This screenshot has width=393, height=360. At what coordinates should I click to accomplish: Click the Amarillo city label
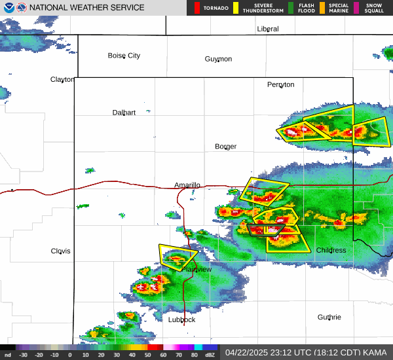187,185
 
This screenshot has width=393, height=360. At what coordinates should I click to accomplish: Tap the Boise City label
124,56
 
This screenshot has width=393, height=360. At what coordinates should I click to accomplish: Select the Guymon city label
218,59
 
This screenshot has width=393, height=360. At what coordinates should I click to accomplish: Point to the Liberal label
268,29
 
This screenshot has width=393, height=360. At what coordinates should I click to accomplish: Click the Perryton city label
280,84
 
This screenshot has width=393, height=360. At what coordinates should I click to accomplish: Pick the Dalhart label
124,113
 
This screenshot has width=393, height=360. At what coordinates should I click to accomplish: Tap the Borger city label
226,146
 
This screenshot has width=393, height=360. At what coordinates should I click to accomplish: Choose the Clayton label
62,79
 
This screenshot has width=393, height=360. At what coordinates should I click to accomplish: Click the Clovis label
60,251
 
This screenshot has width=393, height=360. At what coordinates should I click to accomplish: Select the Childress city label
331,250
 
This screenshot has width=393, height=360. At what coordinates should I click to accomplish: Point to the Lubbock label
181,319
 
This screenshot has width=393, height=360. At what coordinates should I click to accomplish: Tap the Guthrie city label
329,317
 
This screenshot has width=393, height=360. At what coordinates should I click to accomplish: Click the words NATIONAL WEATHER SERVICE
87,8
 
